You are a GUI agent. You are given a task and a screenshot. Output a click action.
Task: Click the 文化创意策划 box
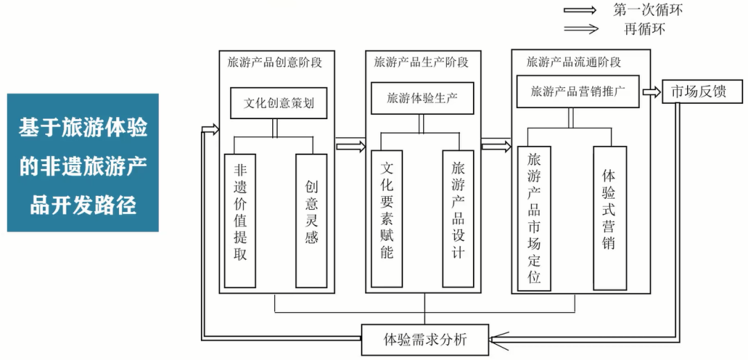coord(278,103)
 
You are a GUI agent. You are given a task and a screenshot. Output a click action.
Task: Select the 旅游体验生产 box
coord(421,98)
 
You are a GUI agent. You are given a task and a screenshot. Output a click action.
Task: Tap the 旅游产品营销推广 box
coord(578,91)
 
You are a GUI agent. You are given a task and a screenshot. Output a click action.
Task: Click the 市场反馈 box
coord(694,91)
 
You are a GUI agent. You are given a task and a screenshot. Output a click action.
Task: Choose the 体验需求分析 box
coord(425,339)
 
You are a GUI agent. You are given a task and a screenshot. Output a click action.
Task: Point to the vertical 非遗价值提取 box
coord(240,220)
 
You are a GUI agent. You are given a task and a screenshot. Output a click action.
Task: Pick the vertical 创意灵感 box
coord(311,220)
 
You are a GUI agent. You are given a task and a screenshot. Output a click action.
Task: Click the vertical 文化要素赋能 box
coord(387,219)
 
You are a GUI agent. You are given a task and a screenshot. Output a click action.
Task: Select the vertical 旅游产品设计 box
coord(458,219)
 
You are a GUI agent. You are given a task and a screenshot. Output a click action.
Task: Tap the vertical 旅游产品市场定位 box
coord(534,219)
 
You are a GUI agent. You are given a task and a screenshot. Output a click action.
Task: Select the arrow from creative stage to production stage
coord(350,145)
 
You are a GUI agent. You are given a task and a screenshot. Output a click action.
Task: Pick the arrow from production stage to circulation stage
coord(496,145)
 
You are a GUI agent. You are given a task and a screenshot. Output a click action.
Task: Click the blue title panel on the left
coord(83,163)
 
